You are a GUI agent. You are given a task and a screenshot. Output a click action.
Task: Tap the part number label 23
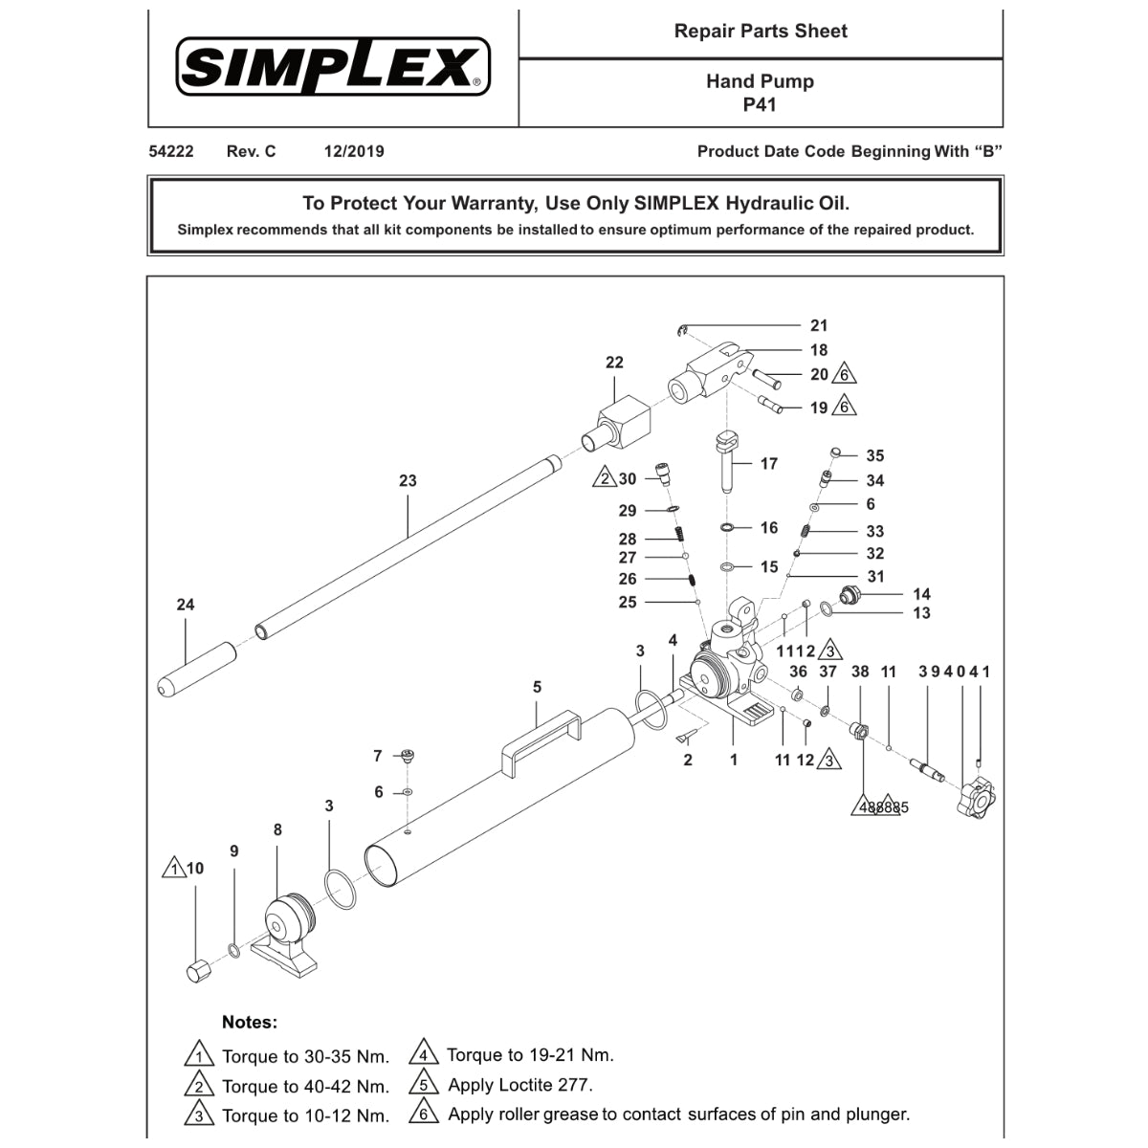click(408, 480)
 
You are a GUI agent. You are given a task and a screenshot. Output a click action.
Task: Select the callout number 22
click(614, 363)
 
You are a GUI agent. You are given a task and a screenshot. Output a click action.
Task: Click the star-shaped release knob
click(977, 797)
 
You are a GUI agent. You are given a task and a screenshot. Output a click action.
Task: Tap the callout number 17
click(768, 464)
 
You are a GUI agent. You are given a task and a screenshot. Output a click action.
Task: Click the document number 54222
click(171, 151)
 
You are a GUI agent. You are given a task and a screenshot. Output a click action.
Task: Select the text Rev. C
click(251, 151)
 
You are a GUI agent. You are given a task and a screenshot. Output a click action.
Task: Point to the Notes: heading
click(249, 1022)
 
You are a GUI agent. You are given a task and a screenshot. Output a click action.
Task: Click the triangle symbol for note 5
click(423, 1084)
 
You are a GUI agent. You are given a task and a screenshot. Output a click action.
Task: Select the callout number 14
click(921, 594)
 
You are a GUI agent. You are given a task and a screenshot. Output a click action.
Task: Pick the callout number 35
click(874, 456)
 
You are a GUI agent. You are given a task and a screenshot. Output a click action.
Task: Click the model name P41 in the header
click(760, 104)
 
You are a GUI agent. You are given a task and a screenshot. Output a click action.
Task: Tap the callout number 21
click(819, 326)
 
